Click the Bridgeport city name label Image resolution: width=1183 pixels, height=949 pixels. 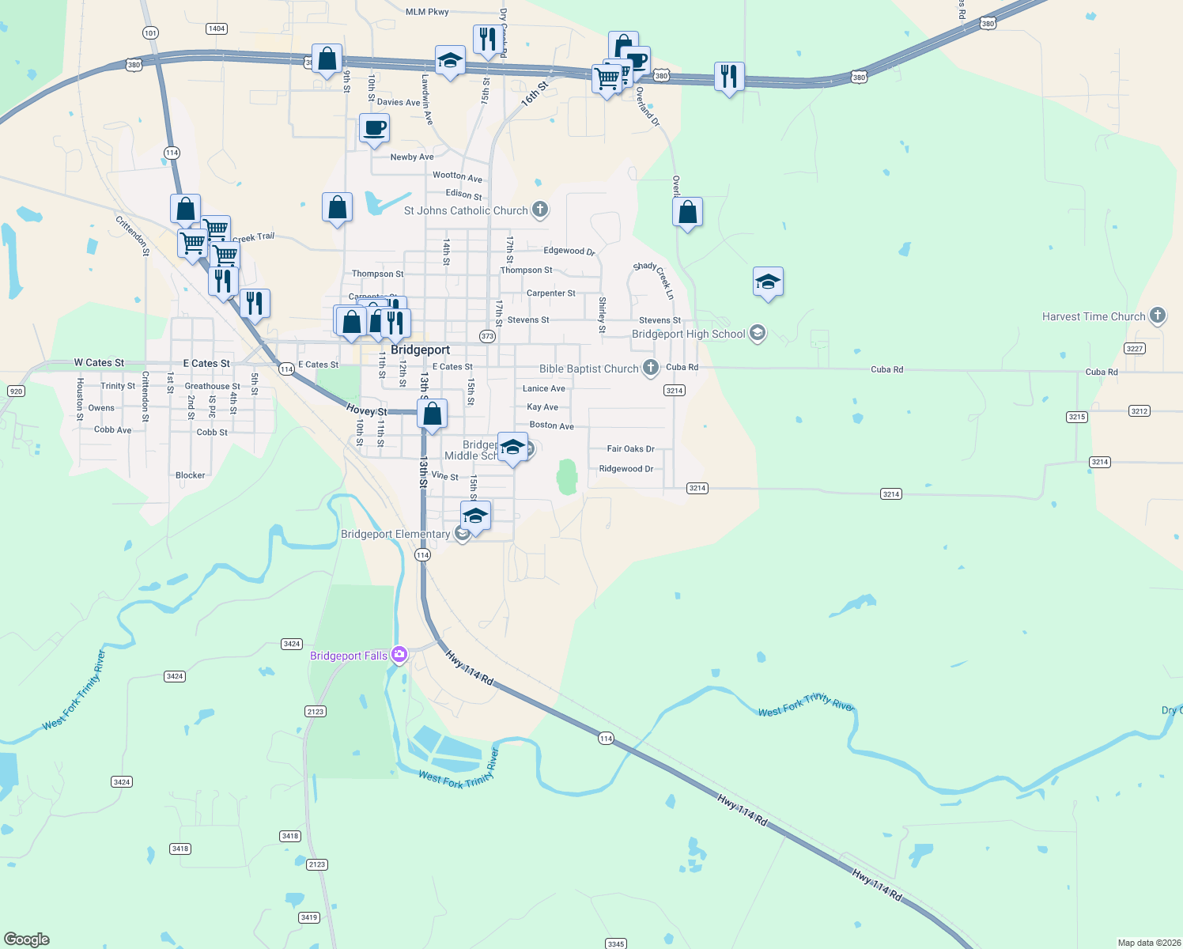pos(420,350)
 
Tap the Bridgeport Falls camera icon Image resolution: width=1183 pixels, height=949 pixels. pos(399,654)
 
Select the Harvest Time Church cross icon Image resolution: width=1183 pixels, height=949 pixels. pos(1158,316)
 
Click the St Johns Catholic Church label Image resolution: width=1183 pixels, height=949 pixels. pos(465,210)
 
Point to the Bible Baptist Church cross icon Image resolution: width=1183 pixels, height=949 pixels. pos(650,368)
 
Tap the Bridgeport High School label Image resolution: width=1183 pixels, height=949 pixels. pos(688,334)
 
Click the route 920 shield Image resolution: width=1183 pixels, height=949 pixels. pos(16,391)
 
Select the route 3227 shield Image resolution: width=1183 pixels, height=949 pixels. pos(1134,348)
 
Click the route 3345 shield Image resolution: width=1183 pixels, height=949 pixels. pos(616,943)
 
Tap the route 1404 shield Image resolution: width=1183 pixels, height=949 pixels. pos(217,28)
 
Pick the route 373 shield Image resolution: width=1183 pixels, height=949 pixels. pos(487,336)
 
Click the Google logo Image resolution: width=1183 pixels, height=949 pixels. pos(27,940)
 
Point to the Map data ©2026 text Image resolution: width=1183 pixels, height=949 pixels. pos(1148,943)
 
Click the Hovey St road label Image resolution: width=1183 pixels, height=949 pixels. pos(367,410)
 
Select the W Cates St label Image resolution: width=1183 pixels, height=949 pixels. pos(99,362)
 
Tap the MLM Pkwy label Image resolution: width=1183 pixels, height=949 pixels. pos(427,12)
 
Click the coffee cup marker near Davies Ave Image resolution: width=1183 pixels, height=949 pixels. pos(375,128)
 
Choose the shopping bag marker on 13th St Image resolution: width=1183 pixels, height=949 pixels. pos(433,414)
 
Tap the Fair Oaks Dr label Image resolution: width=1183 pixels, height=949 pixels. pos(630,448)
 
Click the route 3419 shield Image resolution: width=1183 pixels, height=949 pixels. pos(309,917)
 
